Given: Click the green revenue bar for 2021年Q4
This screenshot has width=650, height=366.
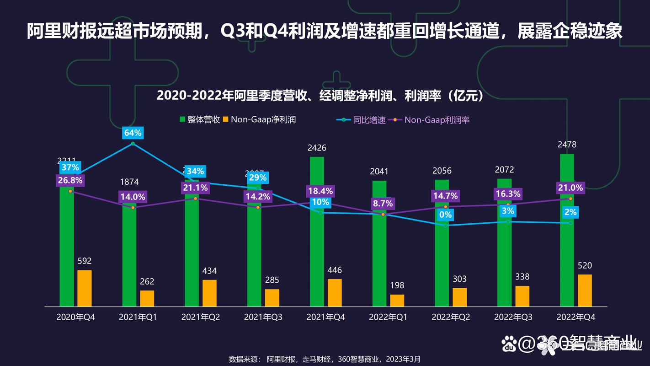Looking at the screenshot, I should (317, 256).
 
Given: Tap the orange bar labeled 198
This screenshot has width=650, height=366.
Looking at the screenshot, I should (397, 300).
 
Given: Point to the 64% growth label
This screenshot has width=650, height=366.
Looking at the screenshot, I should (133, 133).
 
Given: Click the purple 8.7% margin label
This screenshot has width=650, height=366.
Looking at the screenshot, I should (383, 204).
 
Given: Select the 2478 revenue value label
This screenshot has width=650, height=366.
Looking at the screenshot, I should (567, 145).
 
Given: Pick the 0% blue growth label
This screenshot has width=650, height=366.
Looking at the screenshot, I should (445, 215).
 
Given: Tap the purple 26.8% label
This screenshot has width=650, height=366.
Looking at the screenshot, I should (70, 180).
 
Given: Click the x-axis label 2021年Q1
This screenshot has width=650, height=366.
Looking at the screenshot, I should (138, 317).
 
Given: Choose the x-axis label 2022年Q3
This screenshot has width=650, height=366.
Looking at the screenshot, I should (513, 317).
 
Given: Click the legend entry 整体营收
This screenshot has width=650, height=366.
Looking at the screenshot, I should (200, 120).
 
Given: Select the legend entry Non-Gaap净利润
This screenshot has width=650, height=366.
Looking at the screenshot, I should (259, 120).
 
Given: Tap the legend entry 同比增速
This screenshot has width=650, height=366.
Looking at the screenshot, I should (362, 120).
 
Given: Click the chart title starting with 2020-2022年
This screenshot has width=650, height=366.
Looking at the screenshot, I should (320, 96).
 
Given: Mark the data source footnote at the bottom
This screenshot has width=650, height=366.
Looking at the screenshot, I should (325, 359).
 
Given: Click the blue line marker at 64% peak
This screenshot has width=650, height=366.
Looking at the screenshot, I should (133, 144).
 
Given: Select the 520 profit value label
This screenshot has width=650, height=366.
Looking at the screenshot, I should (585, 266).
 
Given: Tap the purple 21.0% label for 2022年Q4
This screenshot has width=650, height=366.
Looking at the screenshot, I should (570, 188).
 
